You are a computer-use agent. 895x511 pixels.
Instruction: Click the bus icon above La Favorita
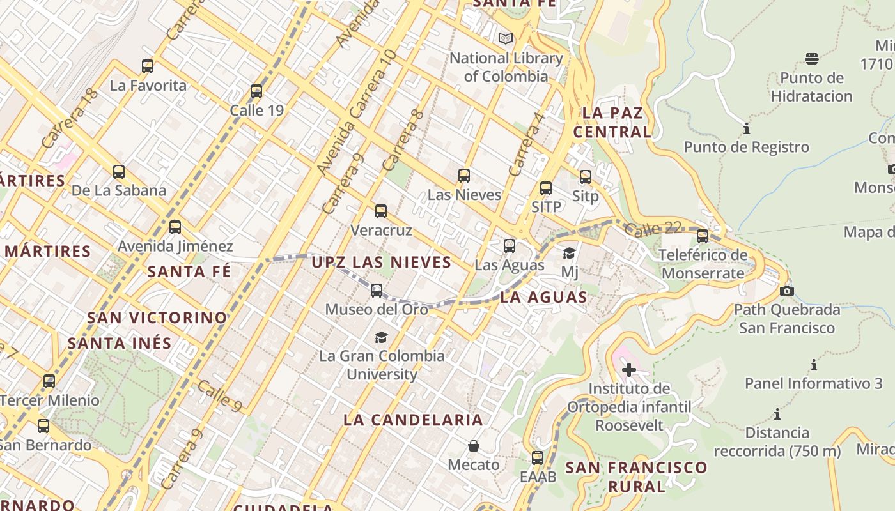(148, 66)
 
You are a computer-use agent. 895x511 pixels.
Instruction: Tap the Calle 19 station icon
(256, 91)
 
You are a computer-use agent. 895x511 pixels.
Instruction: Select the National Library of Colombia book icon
(506, 38)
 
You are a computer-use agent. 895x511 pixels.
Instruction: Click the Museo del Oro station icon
(377, 291)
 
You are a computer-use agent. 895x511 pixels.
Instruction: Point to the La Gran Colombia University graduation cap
(381, 337)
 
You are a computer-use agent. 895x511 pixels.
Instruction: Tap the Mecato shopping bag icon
(474, 446)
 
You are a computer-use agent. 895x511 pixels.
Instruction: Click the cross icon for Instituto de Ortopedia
(629, 370)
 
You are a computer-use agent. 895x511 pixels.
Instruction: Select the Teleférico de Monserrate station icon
(703, 236)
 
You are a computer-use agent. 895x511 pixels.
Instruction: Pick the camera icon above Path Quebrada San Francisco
(787, 291)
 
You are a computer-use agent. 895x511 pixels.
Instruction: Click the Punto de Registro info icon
(746, 129)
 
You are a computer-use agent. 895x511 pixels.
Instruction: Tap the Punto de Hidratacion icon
(812, 59)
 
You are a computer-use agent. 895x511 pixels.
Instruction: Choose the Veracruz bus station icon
(381, 211)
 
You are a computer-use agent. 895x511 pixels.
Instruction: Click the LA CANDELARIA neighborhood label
(413, 420)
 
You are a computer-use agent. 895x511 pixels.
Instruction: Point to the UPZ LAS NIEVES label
(382, 262)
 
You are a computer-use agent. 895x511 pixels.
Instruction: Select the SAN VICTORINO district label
(157, 317)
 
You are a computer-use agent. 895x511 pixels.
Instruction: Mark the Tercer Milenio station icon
(49, 382)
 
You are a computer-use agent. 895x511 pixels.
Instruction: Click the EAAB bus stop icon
(538, 458)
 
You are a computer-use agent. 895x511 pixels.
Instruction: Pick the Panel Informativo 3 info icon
(814, 365)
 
